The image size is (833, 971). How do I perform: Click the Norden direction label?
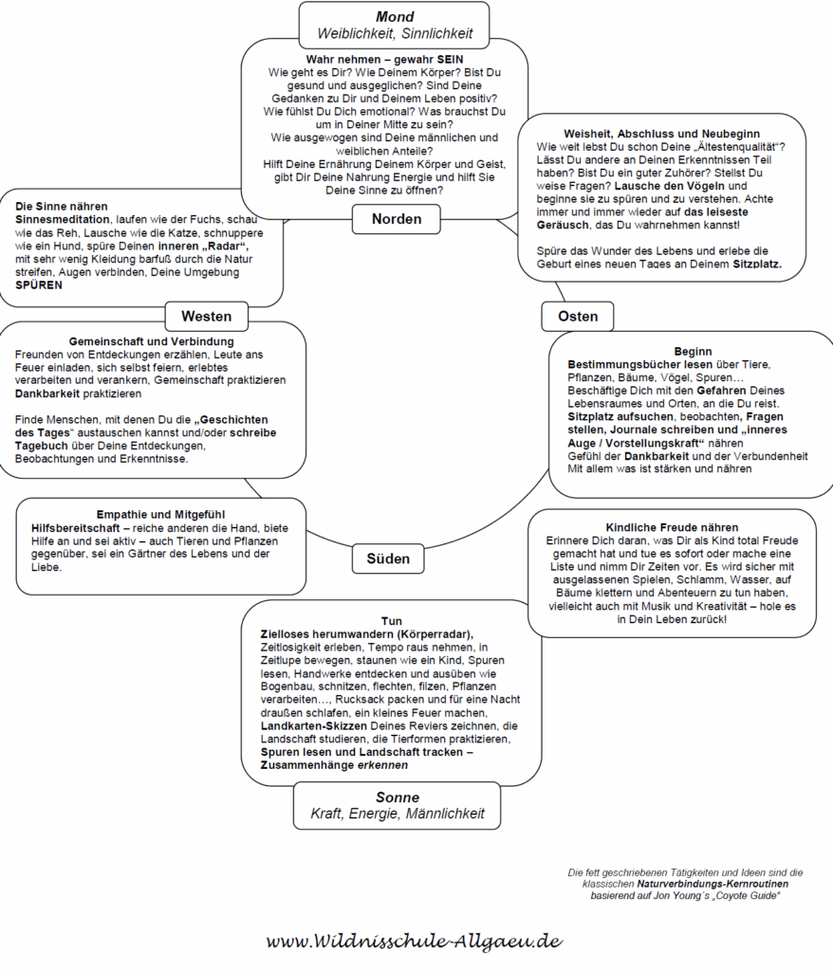click(397, 219)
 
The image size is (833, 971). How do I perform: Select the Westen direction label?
click(206, 317)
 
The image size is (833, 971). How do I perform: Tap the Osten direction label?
click(578, 317)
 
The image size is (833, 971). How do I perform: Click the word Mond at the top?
click(395, 17)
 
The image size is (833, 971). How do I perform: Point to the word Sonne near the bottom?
click(397, 797)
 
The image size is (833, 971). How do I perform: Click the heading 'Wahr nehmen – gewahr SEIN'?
click(384, 59)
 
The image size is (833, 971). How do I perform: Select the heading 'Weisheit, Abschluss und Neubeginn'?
click(662, 134)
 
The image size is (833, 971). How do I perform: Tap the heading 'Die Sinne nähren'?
click(62, 206)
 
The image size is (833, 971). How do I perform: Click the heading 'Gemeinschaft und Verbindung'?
click(152, 341)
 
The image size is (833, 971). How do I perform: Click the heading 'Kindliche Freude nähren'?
click(671, 527)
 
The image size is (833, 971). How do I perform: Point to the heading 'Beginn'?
click(693, 351)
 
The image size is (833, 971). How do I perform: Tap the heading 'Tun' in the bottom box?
click(391, 621)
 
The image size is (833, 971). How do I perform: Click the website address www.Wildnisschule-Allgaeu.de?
click(415, 942)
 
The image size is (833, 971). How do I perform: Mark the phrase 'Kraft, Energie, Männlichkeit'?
click(397, 814)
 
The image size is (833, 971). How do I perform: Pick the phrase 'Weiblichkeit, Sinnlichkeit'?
click(395, 34)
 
